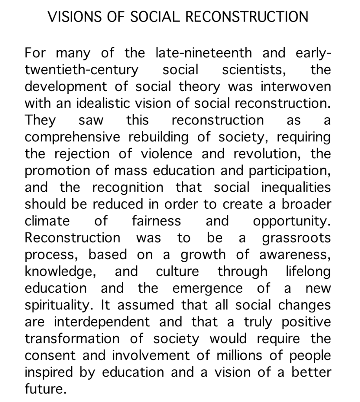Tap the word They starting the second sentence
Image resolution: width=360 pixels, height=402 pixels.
(x=40, y=120)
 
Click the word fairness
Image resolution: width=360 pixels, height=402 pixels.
(x=156, y=221)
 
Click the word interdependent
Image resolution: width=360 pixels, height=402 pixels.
(x=102, y=322)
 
